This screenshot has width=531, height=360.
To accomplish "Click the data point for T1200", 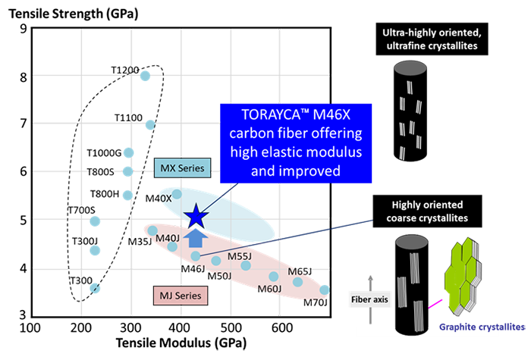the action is (x=145, y=76).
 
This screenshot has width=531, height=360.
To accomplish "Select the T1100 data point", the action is (x=150, y=125).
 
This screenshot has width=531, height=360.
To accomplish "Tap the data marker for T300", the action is (x=95, y=288).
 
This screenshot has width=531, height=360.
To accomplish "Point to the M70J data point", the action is (x=325, y=290).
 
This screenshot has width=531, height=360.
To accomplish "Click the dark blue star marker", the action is (x=196, y=217).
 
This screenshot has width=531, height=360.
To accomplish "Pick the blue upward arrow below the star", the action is (x=196, y=238).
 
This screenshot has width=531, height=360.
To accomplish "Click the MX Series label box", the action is (x=183, y=167).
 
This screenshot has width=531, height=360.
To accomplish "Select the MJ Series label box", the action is (x=181, y=296).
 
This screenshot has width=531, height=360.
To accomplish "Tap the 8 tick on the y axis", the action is (x=23, y=77).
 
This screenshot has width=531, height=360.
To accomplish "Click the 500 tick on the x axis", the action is (x=231, y=328).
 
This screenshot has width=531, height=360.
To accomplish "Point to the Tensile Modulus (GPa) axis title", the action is (x=181, y=343).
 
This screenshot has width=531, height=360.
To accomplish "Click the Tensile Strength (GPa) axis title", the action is (x=74, y=14).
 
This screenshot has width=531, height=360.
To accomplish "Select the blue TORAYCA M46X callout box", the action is (x=296, y=143).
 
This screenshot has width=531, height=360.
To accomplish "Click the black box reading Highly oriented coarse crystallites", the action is (x=427, y=211).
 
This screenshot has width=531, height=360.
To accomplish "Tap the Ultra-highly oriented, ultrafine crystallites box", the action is (x=432, y=39).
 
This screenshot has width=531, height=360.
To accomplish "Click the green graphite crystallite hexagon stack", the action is (x=463, y=276).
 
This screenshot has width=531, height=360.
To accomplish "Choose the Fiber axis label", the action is (x=369, y=299).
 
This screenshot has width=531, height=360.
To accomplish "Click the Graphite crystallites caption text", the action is (x=482, y=327).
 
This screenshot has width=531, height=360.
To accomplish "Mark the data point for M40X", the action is (x=177, y=194).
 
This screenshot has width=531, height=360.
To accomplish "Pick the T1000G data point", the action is (x=129, y=152).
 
